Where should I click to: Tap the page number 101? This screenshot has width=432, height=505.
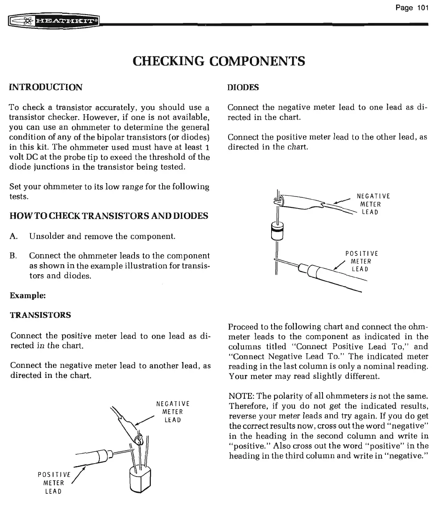[414, 8]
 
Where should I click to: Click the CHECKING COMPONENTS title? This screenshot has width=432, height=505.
[219, 61]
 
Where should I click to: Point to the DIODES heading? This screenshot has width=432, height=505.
[243, 87]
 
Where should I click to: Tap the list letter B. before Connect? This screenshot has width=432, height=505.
[15, 256]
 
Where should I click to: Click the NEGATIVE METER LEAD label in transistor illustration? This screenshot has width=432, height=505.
[173, 412]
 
